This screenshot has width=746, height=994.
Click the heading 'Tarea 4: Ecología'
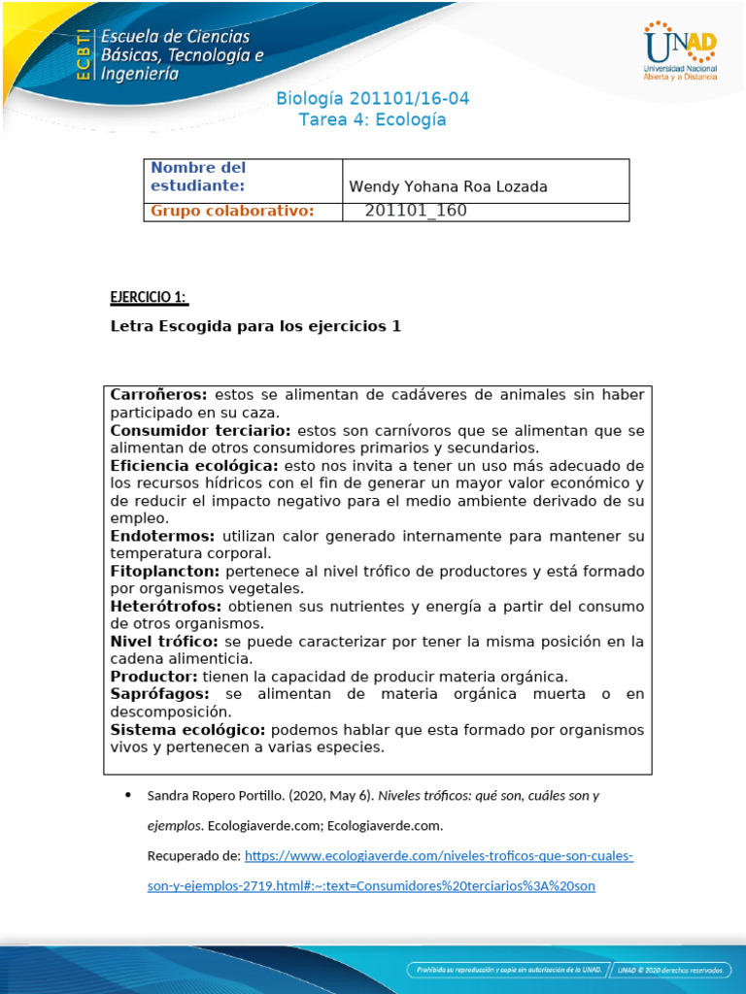click(373, 120)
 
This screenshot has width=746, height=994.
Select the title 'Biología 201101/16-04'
click(373, 99)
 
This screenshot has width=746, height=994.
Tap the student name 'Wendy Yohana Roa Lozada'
click(448, 187)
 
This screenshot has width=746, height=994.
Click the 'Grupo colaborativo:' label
click(232, 212)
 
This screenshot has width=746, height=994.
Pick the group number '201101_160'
click(416, 212)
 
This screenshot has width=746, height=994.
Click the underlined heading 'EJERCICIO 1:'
click(149, 296)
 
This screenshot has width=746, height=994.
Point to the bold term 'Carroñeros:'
click(158, 395)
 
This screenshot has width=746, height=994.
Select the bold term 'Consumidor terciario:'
click(200, 430)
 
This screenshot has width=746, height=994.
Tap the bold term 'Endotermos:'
click(163, 536)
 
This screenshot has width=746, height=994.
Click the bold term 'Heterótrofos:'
click(166, 606)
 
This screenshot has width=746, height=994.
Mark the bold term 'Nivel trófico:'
click(164, 642)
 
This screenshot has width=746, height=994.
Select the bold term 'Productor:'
click(153, 677)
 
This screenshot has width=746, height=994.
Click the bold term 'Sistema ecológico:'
click(187, 729)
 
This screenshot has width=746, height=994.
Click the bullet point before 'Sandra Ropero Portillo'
click(129, 796)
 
